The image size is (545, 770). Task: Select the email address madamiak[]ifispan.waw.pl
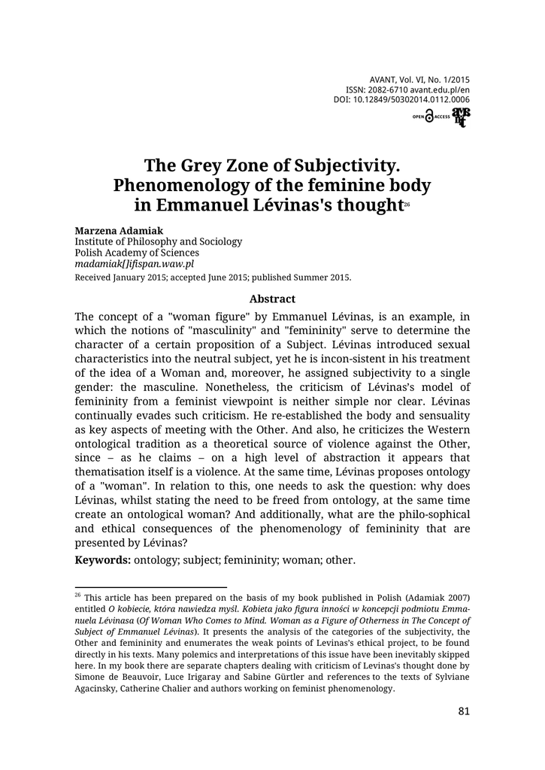[x=135, y=265]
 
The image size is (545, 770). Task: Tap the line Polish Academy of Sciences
[x=136, y=253]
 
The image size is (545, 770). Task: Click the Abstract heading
[x=272, y=299]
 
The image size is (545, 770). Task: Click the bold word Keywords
[x=102, y=560]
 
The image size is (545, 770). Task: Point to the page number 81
[x=463, y=713]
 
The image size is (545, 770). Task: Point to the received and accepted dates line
[x=213, y=277]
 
